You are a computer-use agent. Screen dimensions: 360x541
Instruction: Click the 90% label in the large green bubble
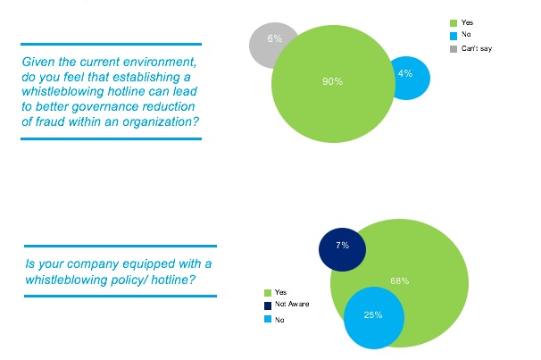(x=332, y=81)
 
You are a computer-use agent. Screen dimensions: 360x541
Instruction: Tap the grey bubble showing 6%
(x=273, y=39)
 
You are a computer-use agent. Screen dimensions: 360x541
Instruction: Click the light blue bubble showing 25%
(x=373, y=316)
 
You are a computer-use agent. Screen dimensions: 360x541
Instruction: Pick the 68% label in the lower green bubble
(x=399, y=280)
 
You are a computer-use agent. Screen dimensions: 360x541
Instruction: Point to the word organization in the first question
(x=156, y=121)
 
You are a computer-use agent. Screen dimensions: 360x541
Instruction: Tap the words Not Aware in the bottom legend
(x=291, y=305)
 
